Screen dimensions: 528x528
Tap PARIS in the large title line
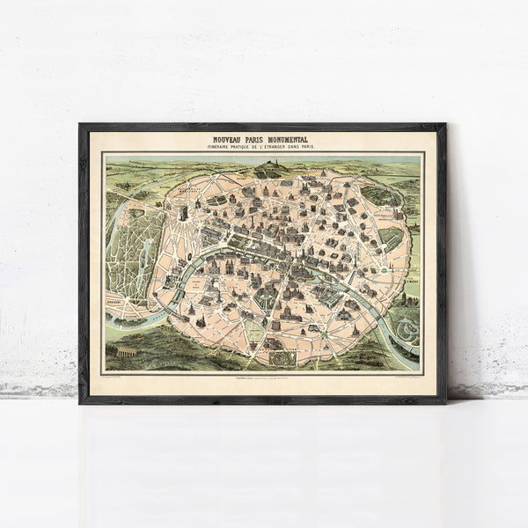[257, 138]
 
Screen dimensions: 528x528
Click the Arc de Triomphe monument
[183, 213]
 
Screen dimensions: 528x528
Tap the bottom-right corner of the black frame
[444, 402]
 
